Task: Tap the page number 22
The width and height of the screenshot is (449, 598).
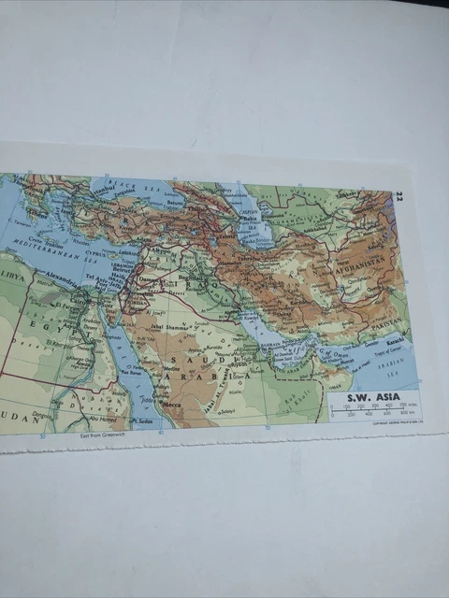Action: [399, 195]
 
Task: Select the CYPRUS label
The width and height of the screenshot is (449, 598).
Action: [99, 252]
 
